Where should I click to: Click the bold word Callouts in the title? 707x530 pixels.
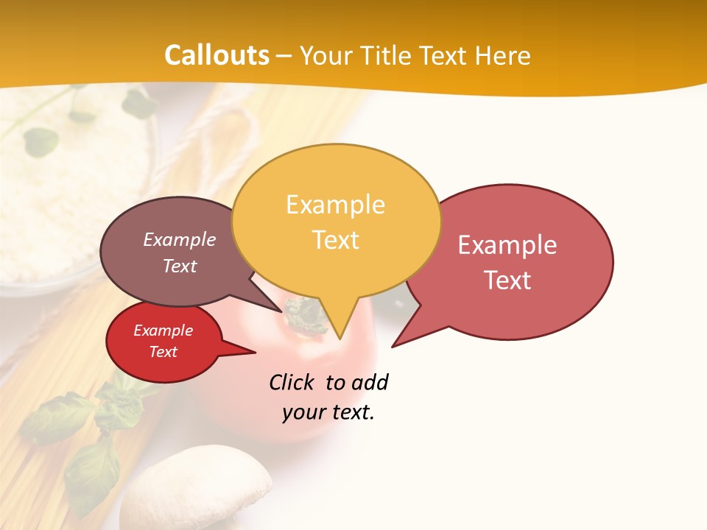[217, 55]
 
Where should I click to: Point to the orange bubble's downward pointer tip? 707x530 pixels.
[340, 338]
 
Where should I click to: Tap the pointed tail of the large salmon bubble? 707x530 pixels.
[393, 345]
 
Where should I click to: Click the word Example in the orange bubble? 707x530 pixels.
[336, 205]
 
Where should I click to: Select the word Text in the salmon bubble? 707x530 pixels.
[507, 280]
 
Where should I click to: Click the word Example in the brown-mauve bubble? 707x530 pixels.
[180, 240]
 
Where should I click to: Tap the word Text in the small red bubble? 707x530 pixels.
[163, 352]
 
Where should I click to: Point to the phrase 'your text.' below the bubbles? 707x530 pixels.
[328, 412]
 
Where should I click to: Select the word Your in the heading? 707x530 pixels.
[328, 55]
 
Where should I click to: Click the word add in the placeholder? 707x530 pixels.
[369, 382]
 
